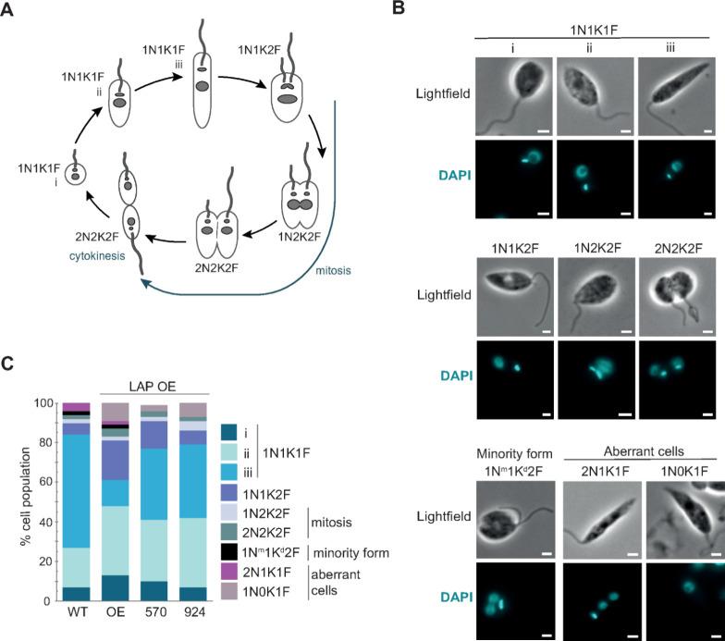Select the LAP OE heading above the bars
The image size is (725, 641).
coord(154,382)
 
